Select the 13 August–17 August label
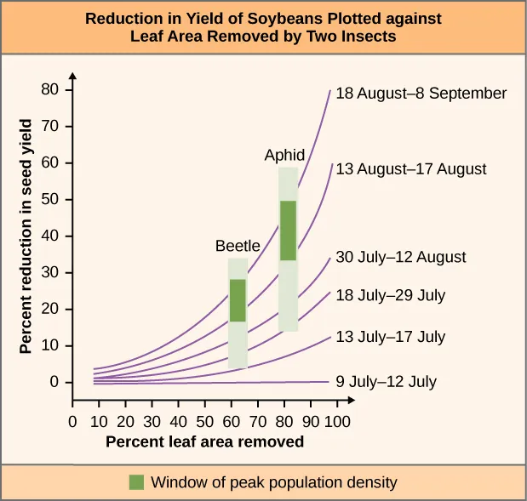(410, 169)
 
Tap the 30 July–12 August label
(401, 257)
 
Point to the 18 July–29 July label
(390, 296)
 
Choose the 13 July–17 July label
(390, 337)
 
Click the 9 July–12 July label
(386, 382)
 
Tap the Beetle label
(237, 246)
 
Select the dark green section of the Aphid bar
(289, 230)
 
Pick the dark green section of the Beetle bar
(238, 300)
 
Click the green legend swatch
(136, 482)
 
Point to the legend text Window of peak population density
(273, 482)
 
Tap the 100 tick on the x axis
(337, 421)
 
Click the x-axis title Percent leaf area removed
(204, 442)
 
